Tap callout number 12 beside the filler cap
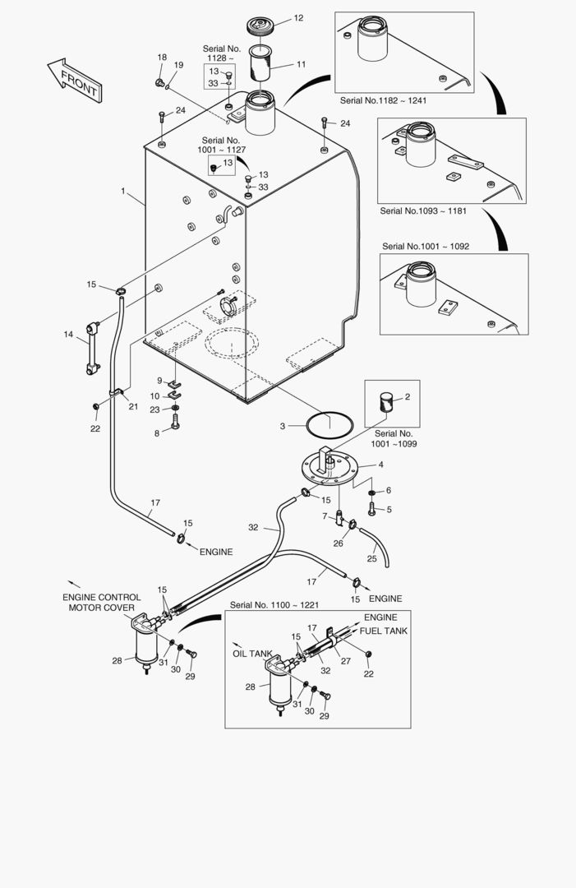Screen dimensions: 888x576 coord(297,17)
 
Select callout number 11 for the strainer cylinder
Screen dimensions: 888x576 coord(301,63)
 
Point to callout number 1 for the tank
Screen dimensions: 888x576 coord(122,191)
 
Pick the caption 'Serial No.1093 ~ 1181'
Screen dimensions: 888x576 coord(423,211)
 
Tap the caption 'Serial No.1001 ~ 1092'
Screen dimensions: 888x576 coord(426,246)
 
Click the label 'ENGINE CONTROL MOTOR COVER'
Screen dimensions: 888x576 coord(101,603)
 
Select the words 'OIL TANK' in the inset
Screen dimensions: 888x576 coord(251,654)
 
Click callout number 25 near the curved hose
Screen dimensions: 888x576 coord(371,558)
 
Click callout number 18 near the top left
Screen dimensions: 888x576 coord(162,57)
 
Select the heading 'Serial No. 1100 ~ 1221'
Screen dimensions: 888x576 coord(274,605)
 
